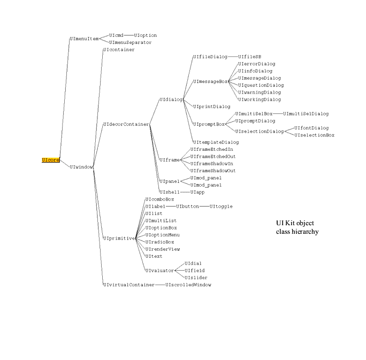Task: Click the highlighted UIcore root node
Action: [50, 160]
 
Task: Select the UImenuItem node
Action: [85, 39]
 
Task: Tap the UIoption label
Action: [145, 35]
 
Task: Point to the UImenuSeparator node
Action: [130, 42]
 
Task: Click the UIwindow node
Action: [81, 167]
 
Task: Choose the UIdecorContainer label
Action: [126, 125]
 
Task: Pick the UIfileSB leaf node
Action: [249, 57]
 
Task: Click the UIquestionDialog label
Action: [261, 85]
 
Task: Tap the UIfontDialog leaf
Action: [311, 128]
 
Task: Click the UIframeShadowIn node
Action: [212, 164]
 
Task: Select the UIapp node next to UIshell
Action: [197, 192]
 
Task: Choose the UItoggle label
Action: [221, 206]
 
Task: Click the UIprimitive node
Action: [119, 239]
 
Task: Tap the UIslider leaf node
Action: [195, 278]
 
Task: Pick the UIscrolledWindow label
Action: [188, 285]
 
